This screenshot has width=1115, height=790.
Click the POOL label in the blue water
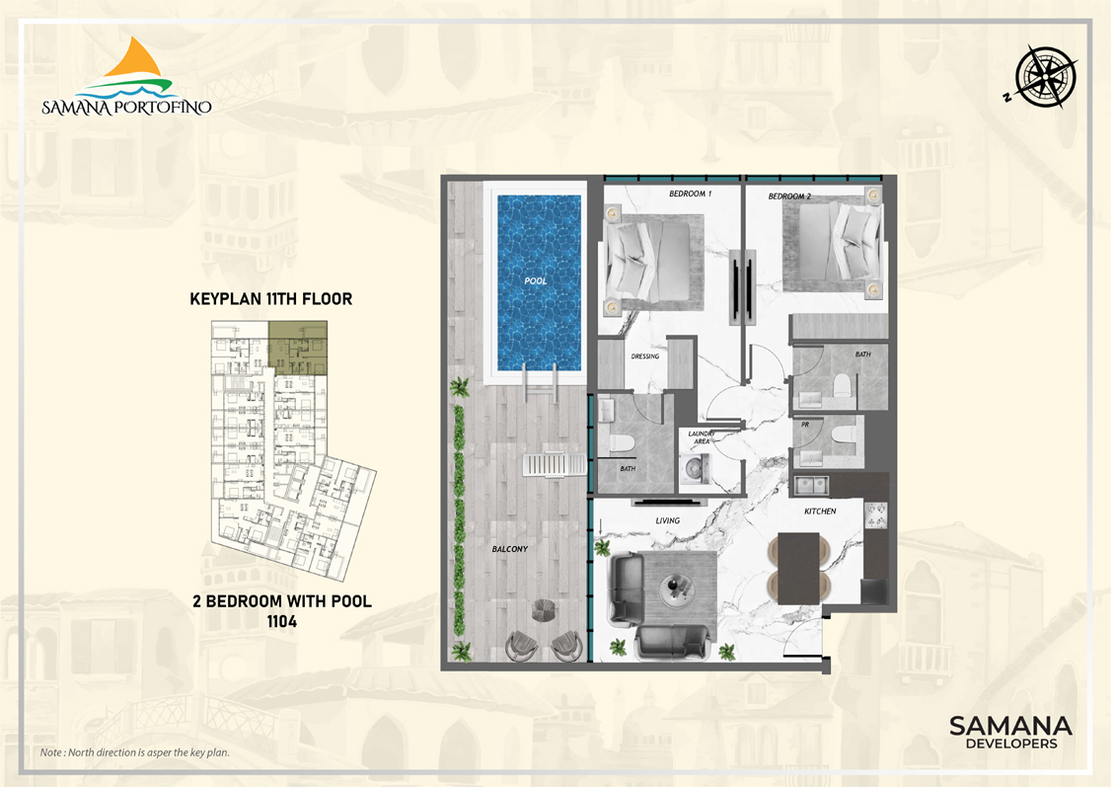pos(536,280)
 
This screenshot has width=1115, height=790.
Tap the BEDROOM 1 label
pos(690,194)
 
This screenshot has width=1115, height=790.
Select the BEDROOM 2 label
pos(789,197)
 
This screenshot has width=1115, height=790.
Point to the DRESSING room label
pos(645,355)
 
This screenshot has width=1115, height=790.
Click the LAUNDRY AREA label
pos(702,437)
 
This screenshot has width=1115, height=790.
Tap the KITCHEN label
pos(820,511)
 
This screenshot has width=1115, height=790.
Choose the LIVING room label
pos(668,520)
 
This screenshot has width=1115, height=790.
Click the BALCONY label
pos(510,549)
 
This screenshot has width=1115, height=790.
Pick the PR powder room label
pos(805,425)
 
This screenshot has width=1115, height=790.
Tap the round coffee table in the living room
pos(673,589)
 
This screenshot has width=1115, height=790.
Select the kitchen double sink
pos(811,486)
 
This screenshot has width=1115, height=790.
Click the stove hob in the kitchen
pos(875,514)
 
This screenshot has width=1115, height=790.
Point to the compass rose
pos(1044,77)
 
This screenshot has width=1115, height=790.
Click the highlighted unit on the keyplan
pos(298,348)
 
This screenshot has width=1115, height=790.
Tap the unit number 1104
pos(281,621)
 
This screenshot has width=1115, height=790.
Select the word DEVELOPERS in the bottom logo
pos(1011,743)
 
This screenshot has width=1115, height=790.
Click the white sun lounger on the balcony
pos(555,465)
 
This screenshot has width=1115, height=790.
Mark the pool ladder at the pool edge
pos(540,382)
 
